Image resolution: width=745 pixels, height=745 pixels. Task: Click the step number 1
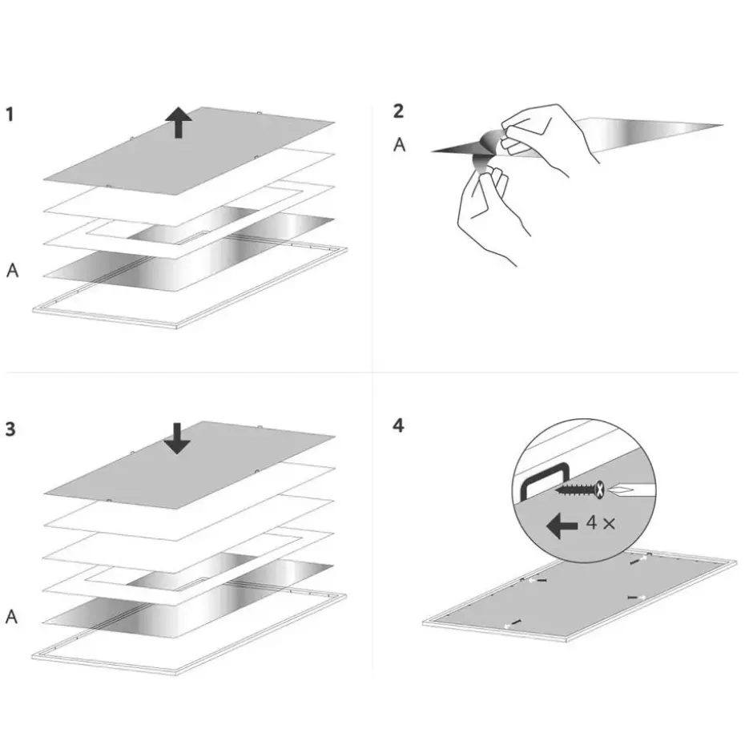tap(10, 115)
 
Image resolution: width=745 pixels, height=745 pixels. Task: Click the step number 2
tap(399, 111)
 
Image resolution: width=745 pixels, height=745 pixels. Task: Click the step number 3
tap(10, 429)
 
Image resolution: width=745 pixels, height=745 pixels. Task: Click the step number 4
tap(399, 425)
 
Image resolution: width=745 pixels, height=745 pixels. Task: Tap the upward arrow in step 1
tap(179, 122)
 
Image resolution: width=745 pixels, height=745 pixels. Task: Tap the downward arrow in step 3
tap(177, 438)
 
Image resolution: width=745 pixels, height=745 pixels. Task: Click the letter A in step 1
tap(12, 270)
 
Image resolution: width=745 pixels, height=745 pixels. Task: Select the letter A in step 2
tap(400, 144)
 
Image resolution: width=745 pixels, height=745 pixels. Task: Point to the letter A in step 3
tap(11, 617)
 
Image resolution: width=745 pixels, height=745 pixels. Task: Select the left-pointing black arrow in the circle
tap(562, 526)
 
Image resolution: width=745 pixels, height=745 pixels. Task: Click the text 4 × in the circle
tap(601, 523)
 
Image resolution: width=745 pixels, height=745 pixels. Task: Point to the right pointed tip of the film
tap(722, 126)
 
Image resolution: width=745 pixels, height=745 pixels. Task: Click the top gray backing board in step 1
tap(189, 151)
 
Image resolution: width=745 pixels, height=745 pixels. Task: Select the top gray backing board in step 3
tap(190, 465)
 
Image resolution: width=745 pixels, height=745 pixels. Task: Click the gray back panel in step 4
tap(580, 596)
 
